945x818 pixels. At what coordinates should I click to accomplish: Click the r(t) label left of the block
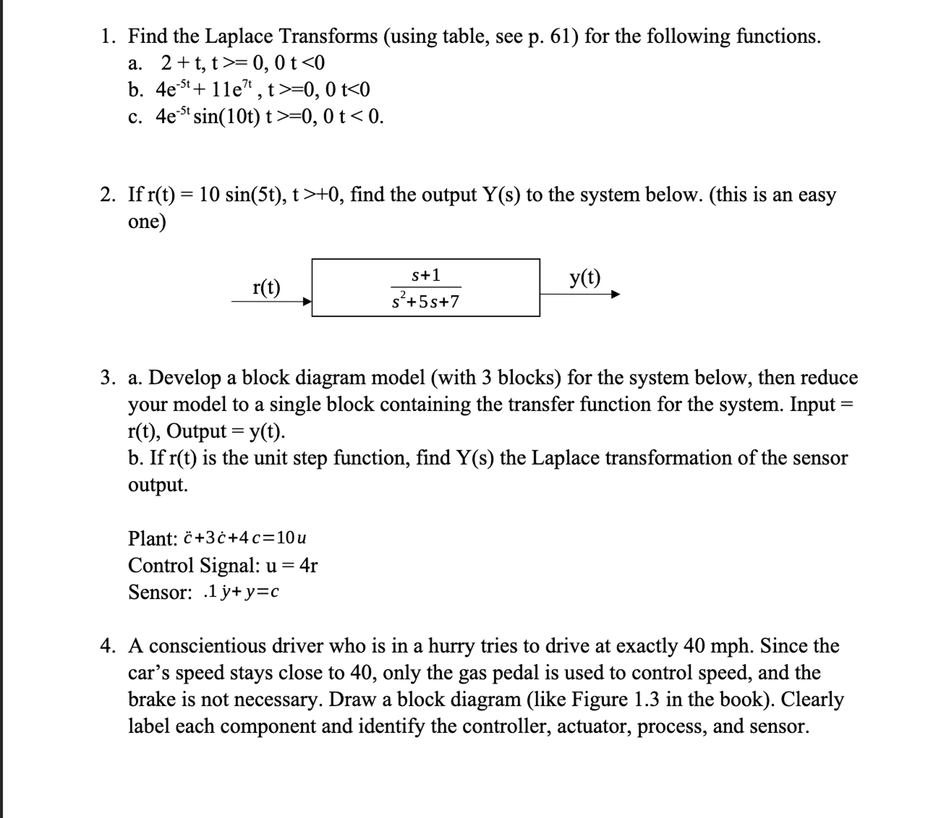pos(266,287)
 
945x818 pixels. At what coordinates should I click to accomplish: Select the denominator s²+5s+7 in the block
pos(425,301)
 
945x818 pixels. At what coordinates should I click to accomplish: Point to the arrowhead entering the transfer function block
pos(308,301)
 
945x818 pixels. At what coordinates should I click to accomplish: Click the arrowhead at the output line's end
pos(616,294)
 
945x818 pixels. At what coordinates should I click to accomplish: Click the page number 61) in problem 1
pos(564,36)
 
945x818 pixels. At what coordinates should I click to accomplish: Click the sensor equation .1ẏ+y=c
pos(241,592)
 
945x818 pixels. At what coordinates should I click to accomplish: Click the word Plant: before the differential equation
pos(153,538)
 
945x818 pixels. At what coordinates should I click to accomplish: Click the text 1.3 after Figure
pos(646,699)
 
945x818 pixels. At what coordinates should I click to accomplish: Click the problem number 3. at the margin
pos(108,378)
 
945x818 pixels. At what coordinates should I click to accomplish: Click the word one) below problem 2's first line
pos(147,222)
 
